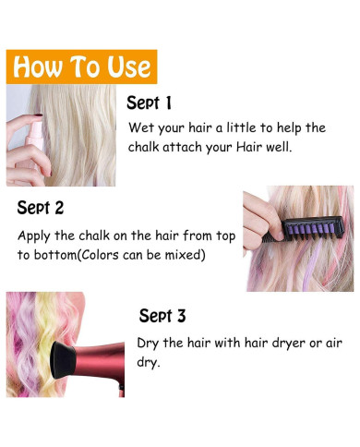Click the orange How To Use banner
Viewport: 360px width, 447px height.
click(x=81, y=66)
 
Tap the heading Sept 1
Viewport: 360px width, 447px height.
click(x=149, y=103)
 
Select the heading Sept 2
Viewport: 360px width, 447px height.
click(x=41, y=208)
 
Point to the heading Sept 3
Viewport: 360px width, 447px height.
click(x=162, y=315)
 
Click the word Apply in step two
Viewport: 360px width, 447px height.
click(x=34, y=236)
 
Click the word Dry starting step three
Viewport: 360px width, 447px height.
click(x=148, y=344)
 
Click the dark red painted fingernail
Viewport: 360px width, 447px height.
click(x=38, y=115)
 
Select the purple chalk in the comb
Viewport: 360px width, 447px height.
click(x=308, y=231)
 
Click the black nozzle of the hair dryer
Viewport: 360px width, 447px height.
click(x=63, y=360)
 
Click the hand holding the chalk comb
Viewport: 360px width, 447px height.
click(x=260, y=221)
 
